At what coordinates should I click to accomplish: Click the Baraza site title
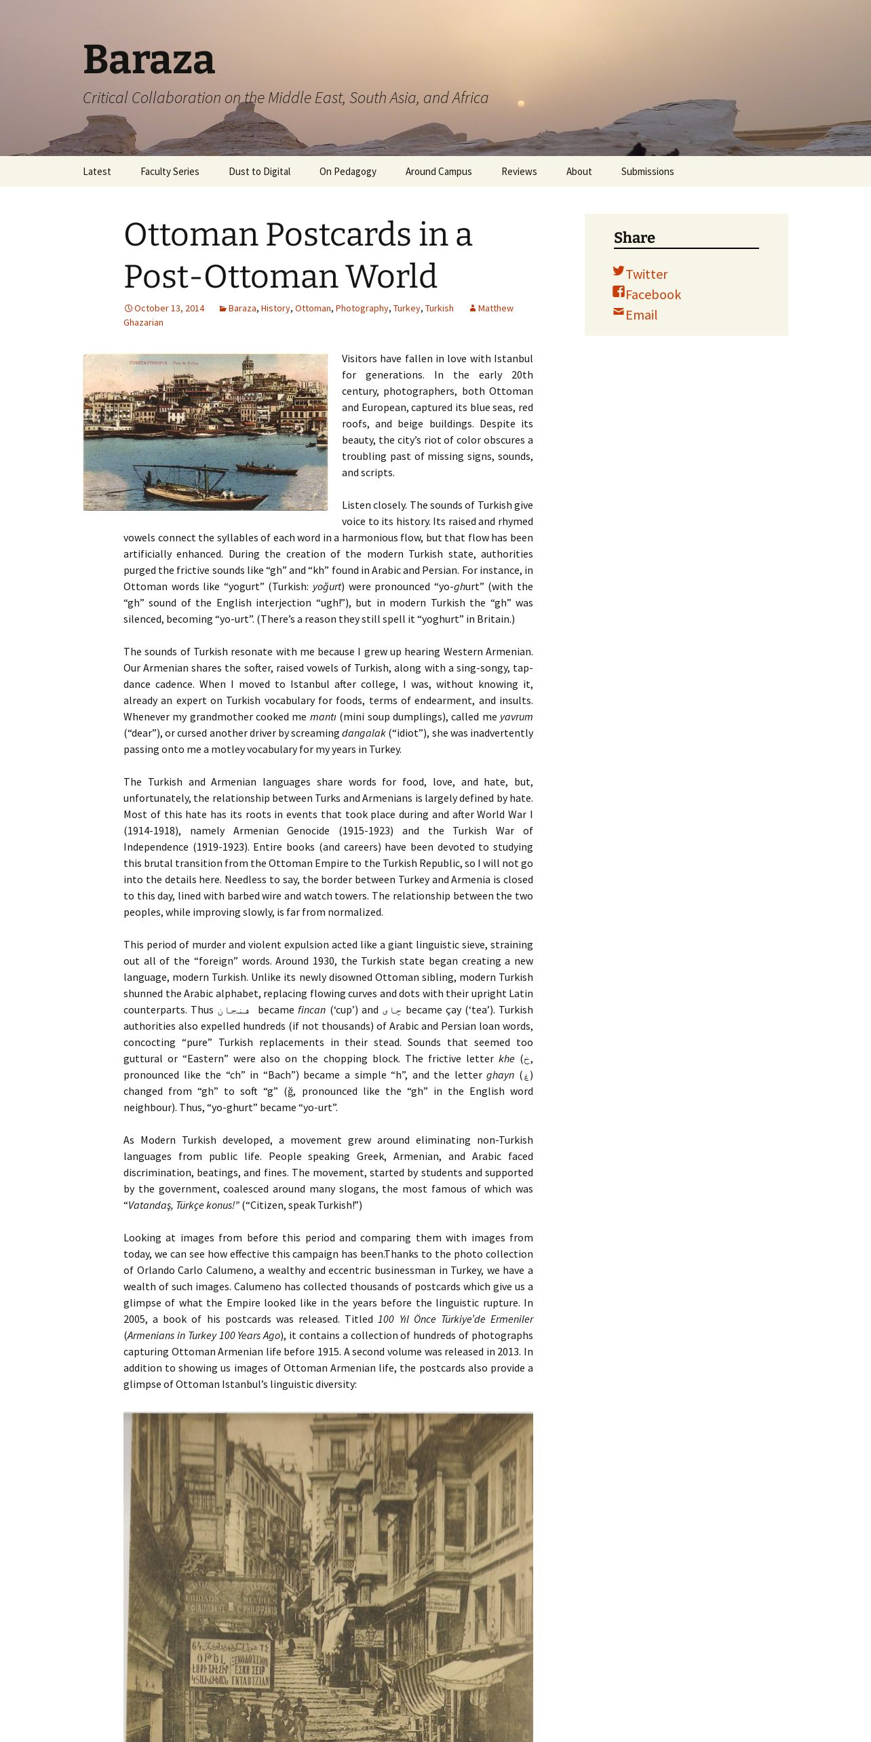pyautogui.click(x=149, y=60)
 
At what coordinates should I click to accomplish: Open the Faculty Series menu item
pyautogui.click(x=170, y=172)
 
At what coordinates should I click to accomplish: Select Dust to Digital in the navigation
pyautogui.click(x=259, y=172)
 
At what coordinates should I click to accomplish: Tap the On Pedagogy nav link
pyautogui.click(x=347, y=172)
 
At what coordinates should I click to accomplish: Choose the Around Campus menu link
pyautogui.click(x=438, y=172)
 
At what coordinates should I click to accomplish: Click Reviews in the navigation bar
pyautogui.click(x=519, y=172)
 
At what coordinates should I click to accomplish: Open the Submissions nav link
pyautogui.click(x=647, y=172)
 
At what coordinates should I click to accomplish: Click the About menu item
pyautogui.click(x=579, y=172)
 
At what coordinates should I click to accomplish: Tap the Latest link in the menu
pyautogui.click(x=96, y=172)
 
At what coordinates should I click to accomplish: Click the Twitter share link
pyautogui.click(x=646, y=274)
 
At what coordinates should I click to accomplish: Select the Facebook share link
pyautogui.click(x=653, y=294)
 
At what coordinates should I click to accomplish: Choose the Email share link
pyautogui.click(x=641, y=315)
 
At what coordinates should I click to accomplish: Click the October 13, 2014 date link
pyautogui.click(x=168, y=308)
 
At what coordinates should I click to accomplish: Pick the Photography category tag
pyautogui.click(x=362, y=308)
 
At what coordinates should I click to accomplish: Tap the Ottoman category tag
pyautogui.click(x=313, y=308)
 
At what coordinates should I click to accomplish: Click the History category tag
pyautogui.click(x=275, y=308)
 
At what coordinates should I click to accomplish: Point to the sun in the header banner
pyautogui.click(x=521, y=104)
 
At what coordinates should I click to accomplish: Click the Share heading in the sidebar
pyautogui.click(x=634, y=237)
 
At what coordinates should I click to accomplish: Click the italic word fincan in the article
pyautogui.click(x=311, y=1010)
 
